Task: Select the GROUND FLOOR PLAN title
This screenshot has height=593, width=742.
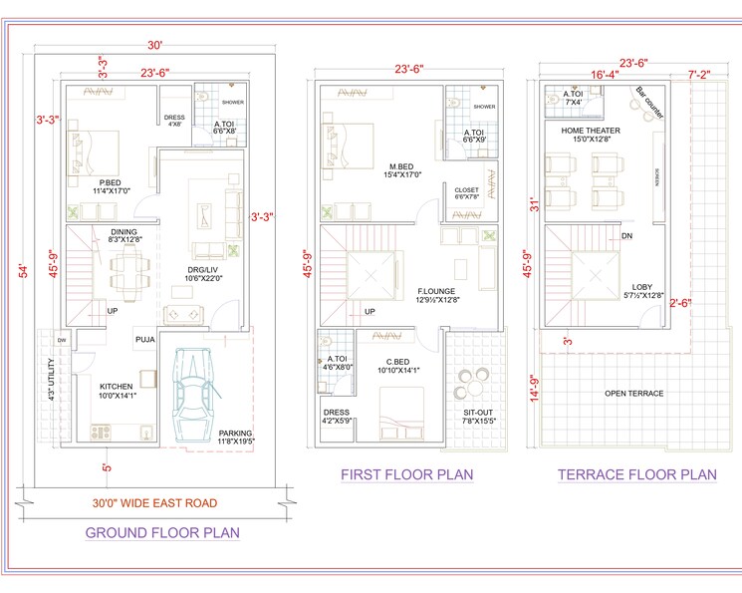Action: coord(162,532)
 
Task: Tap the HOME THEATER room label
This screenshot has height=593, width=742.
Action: coord(591,131)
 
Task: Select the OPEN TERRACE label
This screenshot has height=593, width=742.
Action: coord(634,394)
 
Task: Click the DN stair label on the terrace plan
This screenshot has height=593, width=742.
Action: coord(625,236)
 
